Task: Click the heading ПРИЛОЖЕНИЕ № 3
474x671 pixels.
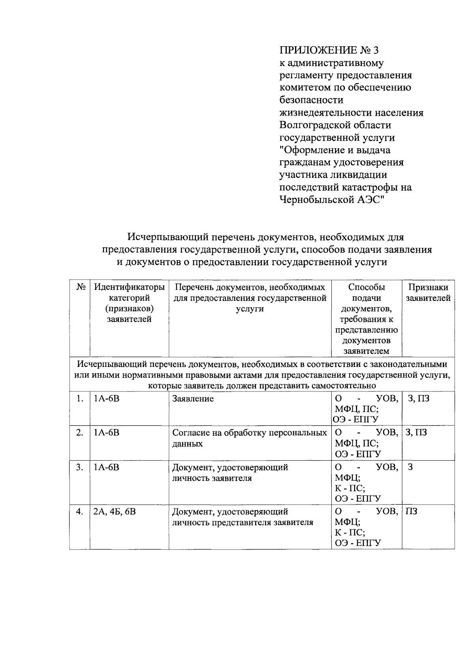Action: [329, 50]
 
